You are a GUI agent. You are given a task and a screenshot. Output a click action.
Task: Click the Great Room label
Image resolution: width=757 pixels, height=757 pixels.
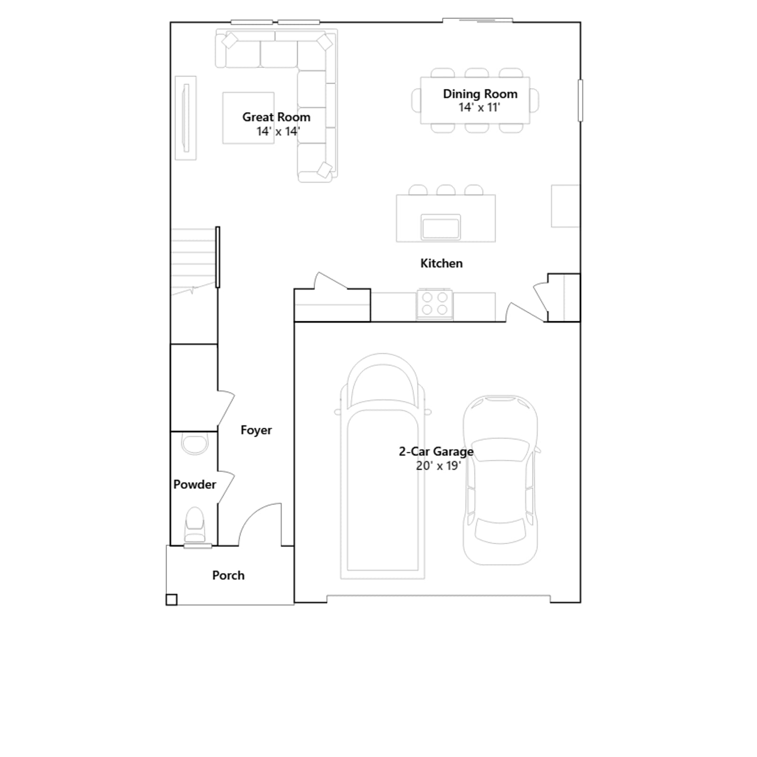[x=276, y=117]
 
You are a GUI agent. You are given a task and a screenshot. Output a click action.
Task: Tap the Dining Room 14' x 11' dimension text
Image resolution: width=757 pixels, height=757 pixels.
[x=479, y=108]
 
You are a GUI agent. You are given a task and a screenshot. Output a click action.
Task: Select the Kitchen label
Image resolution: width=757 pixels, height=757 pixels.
[x=441, y=264]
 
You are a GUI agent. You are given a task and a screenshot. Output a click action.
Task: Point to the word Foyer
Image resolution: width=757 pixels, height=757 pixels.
[x=256, y=430]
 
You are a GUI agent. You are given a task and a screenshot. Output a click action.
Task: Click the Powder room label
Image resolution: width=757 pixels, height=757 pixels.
[x=194, y=484]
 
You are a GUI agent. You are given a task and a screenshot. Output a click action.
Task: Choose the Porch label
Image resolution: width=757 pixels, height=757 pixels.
[x=228, y=575]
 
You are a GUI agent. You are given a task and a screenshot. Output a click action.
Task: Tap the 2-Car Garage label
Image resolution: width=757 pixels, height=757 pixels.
[x=436, y=452]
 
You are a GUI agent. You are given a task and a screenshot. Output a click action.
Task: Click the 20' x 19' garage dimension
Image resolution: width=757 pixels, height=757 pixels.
[x=438, y=466]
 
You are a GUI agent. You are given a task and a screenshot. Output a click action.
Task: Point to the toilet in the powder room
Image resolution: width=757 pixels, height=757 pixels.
[x=194, y=525]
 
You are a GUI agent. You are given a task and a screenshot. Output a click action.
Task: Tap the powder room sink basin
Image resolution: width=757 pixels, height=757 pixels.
[x=194, y=444]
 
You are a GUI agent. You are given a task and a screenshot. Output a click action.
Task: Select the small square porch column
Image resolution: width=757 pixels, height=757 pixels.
[x=171, y=599]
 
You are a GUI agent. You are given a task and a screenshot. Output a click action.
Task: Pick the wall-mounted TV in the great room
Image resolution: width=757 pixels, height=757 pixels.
[x=186, y=118]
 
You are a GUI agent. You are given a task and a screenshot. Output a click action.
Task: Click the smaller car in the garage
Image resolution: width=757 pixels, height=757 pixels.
[x=501, y=480]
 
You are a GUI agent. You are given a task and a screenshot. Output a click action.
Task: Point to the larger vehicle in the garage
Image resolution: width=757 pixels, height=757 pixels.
[x=382, y=466]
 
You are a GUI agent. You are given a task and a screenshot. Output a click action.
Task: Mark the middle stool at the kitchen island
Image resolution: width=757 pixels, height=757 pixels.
[x=446, y=190]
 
